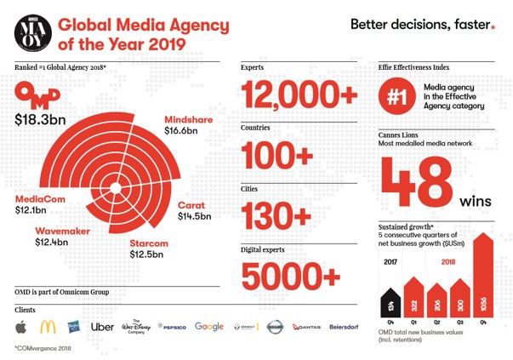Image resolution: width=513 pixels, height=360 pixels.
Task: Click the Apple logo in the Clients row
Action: coord(20,326)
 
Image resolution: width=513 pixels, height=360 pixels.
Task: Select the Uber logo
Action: coord(102,326)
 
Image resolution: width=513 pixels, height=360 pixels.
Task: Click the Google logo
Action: coord(209,326)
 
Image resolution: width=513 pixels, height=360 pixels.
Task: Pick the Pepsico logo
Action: coord(174,327)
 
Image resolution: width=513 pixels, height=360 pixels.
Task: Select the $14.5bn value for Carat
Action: coord(197,217)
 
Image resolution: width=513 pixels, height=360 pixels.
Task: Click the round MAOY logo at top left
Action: coord(31,33)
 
